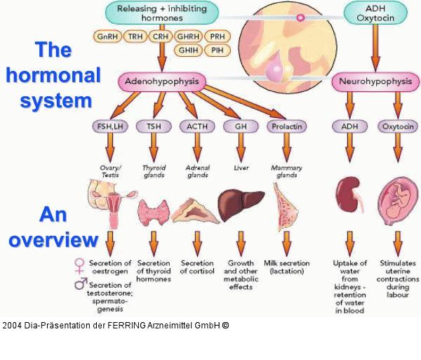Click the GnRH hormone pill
pyautogui.click(x=107, y=36)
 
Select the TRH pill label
pyautogui.click(x=135, y=36)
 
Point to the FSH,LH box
pyautogui.click(x=109, y=126)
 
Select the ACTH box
pyautogui.click(x=195, y=126)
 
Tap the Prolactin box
pyautogui.click(x=285, y=126)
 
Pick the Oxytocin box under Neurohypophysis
pyautogui.click(x=397, y=126)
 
